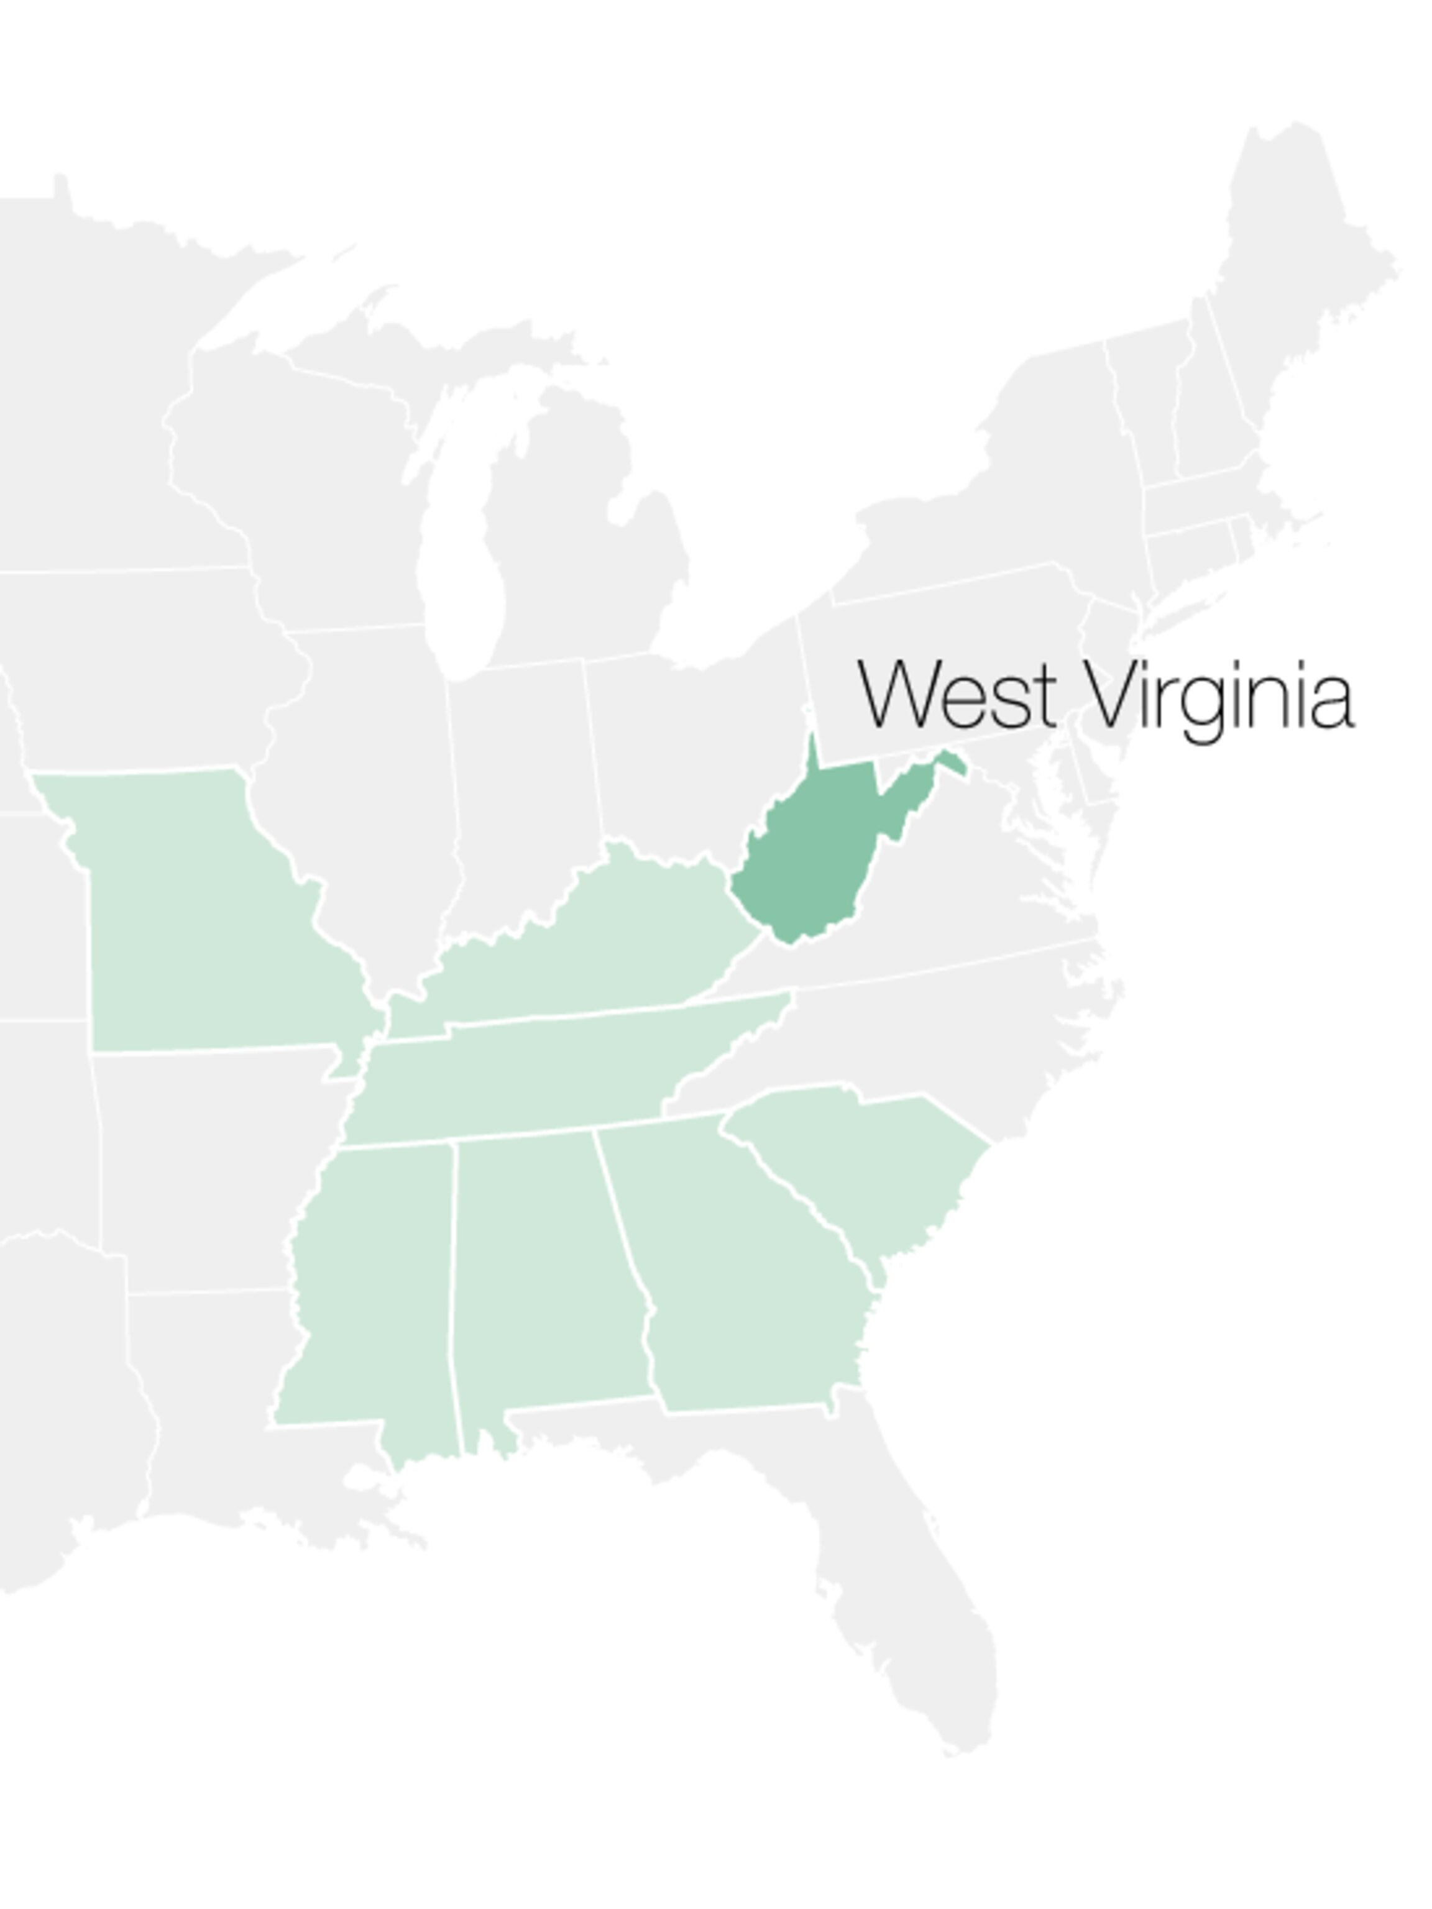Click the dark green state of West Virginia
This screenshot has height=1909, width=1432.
point(807,854)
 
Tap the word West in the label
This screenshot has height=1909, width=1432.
point(957,695)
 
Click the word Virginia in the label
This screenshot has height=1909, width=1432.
point(1217,697)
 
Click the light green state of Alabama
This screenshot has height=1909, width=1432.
point(544,1277)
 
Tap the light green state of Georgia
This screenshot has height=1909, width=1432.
point(742,1277)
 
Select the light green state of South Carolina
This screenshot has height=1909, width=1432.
point(863,1156)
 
